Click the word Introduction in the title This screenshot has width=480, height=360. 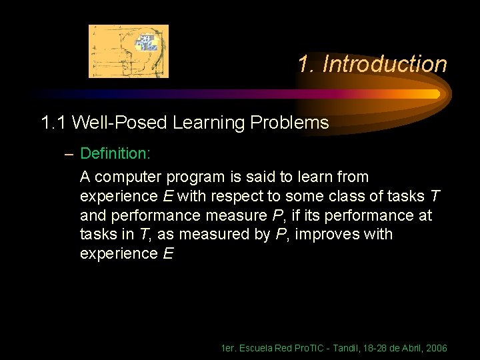384,65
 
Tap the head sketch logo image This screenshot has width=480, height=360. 129,51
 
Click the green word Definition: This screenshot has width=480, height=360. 115,154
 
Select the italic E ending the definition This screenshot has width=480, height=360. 167,254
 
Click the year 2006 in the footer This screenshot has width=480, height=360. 435,348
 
